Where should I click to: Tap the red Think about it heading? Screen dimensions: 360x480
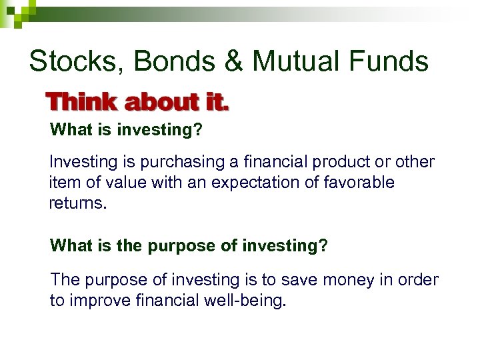coord(137,103)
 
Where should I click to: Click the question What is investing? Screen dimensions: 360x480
coord(126,130)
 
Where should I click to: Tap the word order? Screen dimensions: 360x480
coord(417,280)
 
